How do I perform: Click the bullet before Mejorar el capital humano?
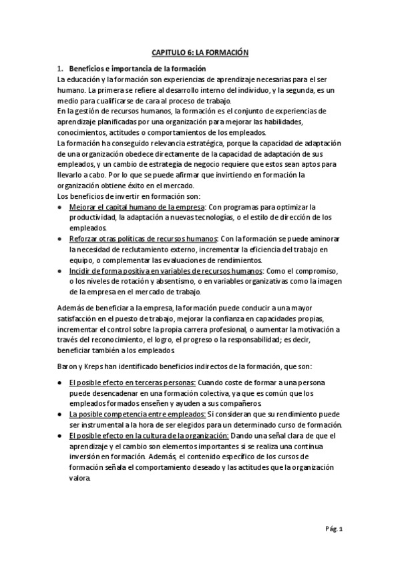pos(61,208)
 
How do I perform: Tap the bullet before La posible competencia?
pos(61,414)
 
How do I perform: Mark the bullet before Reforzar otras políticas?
pos(61,239)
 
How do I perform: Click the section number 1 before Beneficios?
pos(60,69)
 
